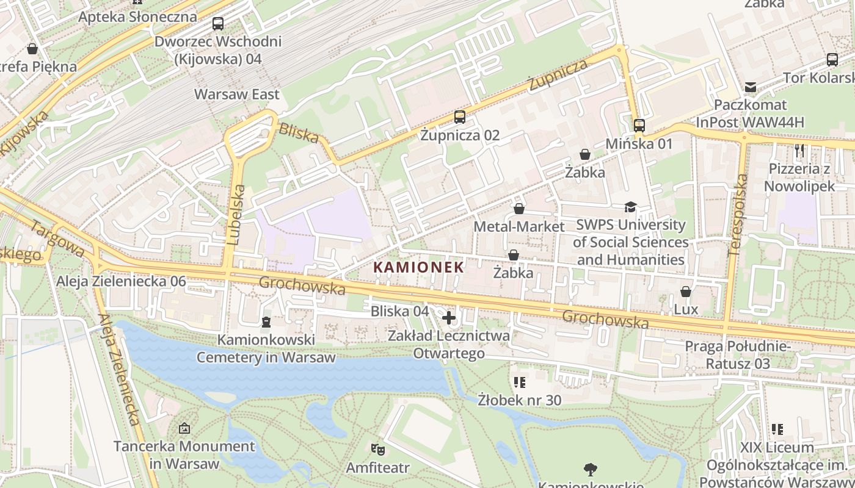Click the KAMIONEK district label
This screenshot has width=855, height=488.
pos(418,267)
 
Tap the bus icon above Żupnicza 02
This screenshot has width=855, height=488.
pos(459,117)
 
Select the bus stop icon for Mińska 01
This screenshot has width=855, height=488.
pos(639,126)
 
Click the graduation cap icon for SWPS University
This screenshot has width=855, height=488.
pos(630,207)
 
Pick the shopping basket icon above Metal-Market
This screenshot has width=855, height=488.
pos(519,209)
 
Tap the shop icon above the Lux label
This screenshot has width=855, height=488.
pos(686,292)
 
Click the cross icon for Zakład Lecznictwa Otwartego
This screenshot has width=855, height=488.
pos(449,318)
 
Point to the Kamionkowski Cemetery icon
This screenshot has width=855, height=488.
pos(266,321)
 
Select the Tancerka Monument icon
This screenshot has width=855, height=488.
pos(184,429)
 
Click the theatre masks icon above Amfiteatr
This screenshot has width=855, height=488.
pos(378,450)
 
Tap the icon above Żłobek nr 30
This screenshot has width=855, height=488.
pos(520,382)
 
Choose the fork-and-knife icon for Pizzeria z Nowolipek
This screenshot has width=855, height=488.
pos(799,150)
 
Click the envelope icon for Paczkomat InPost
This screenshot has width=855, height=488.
pos(750,87)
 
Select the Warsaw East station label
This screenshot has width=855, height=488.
pos(236,95)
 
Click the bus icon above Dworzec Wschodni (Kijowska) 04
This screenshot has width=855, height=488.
pos(218,24)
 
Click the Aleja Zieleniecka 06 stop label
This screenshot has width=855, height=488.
pos(121,282)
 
